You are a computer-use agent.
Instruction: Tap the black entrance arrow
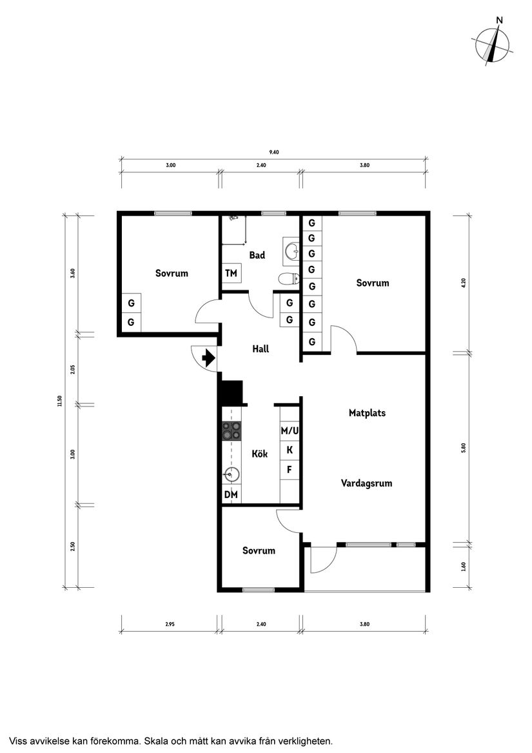point(209,358)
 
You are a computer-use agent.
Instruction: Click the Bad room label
point(257,255)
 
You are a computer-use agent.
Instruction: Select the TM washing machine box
point(231,273)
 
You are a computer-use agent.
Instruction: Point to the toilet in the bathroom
point(289,279)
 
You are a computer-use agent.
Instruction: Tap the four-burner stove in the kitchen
point(231,431)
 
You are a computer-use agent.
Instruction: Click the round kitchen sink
point(232,475)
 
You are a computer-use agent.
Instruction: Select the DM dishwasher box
point(231,494)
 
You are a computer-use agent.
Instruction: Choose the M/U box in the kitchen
point(290,431)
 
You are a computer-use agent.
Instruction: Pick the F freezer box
point(290,470)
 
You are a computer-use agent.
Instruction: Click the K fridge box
point(290,450)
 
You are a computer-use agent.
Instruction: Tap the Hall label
point(261,349)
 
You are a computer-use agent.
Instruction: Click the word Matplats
point(368,413)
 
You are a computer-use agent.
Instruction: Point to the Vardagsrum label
point(366,483)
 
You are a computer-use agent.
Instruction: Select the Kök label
point(260,454)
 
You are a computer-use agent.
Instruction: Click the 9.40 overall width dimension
point(273,152)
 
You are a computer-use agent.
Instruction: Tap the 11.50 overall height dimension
point(59,401)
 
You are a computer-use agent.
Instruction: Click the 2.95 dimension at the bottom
point(170,625)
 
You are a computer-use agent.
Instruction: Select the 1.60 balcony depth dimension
point(464,567)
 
